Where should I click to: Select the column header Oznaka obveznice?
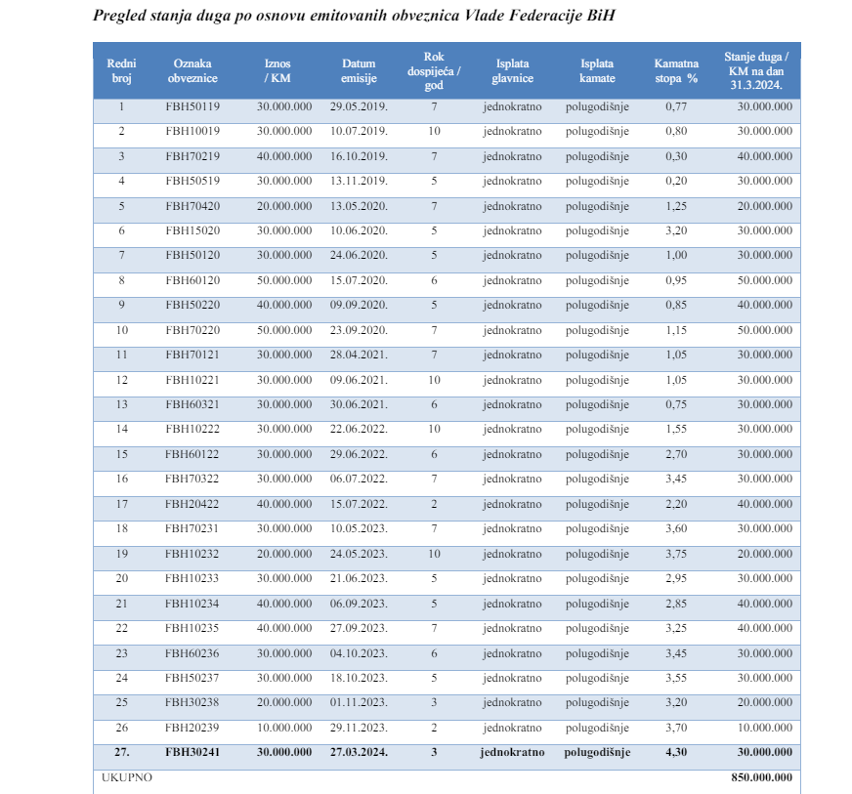[x=192, y=70]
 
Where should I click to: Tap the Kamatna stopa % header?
[x=676, y=70]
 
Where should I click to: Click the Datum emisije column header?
[x=359, y=70]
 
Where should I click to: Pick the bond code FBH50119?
[x=192, y=106]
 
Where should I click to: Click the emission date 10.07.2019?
[x=359, y=131]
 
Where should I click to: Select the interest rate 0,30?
[x=676, y=156]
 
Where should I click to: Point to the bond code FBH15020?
[x=192, y=230]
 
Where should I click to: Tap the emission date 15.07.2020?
[x=359, y=280]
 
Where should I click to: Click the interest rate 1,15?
[x=676, y=330]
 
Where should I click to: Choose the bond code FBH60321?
[x=192, y=404]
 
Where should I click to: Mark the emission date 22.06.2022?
[x=359, y=429]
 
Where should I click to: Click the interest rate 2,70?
[x=676, y=454]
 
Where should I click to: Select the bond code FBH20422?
[x=192, y=504]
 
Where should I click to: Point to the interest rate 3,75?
[x=676, y=554]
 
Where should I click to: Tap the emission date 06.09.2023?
[x=359, y=604]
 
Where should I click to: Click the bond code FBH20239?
[x=192, y=728]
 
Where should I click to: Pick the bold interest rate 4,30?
[x=676, y=752]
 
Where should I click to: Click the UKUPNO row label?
[x=127, y=777]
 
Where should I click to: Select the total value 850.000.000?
[x=762, y=777]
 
